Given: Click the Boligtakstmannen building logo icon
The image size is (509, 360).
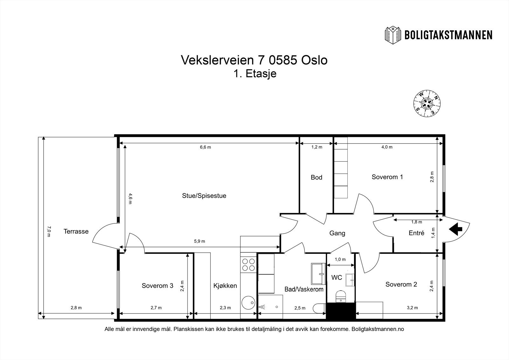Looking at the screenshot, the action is pos(393,35).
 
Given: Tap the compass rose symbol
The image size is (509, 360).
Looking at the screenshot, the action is pos(427,103).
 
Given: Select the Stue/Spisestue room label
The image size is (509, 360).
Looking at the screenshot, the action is pos(204,196).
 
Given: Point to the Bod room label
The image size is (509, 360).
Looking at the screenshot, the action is pos(316,177).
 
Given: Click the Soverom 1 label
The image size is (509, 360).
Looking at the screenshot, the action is pos(387,177).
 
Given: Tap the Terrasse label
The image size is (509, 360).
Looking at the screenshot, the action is pos(76,231).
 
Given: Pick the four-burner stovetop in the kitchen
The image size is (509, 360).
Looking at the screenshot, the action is pos(248,265).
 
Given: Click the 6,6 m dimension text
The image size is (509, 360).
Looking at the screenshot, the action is pos(206,147).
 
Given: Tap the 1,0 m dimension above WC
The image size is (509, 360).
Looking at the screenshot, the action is pos(340,259).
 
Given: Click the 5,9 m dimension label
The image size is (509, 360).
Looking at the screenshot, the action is pos(199,241).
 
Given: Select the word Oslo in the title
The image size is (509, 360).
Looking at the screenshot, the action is pos(314,60).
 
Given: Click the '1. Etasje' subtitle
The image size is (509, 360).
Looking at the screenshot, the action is pos(255,74).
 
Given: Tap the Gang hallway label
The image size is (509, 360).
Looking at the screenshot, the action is pos(337,233).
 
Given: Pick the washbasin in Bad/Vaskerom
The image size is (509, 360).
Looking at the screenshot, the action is pos(318,274).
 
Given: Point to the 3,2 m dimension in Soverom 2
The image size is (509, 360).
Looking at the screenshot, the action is pos(412,308).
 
